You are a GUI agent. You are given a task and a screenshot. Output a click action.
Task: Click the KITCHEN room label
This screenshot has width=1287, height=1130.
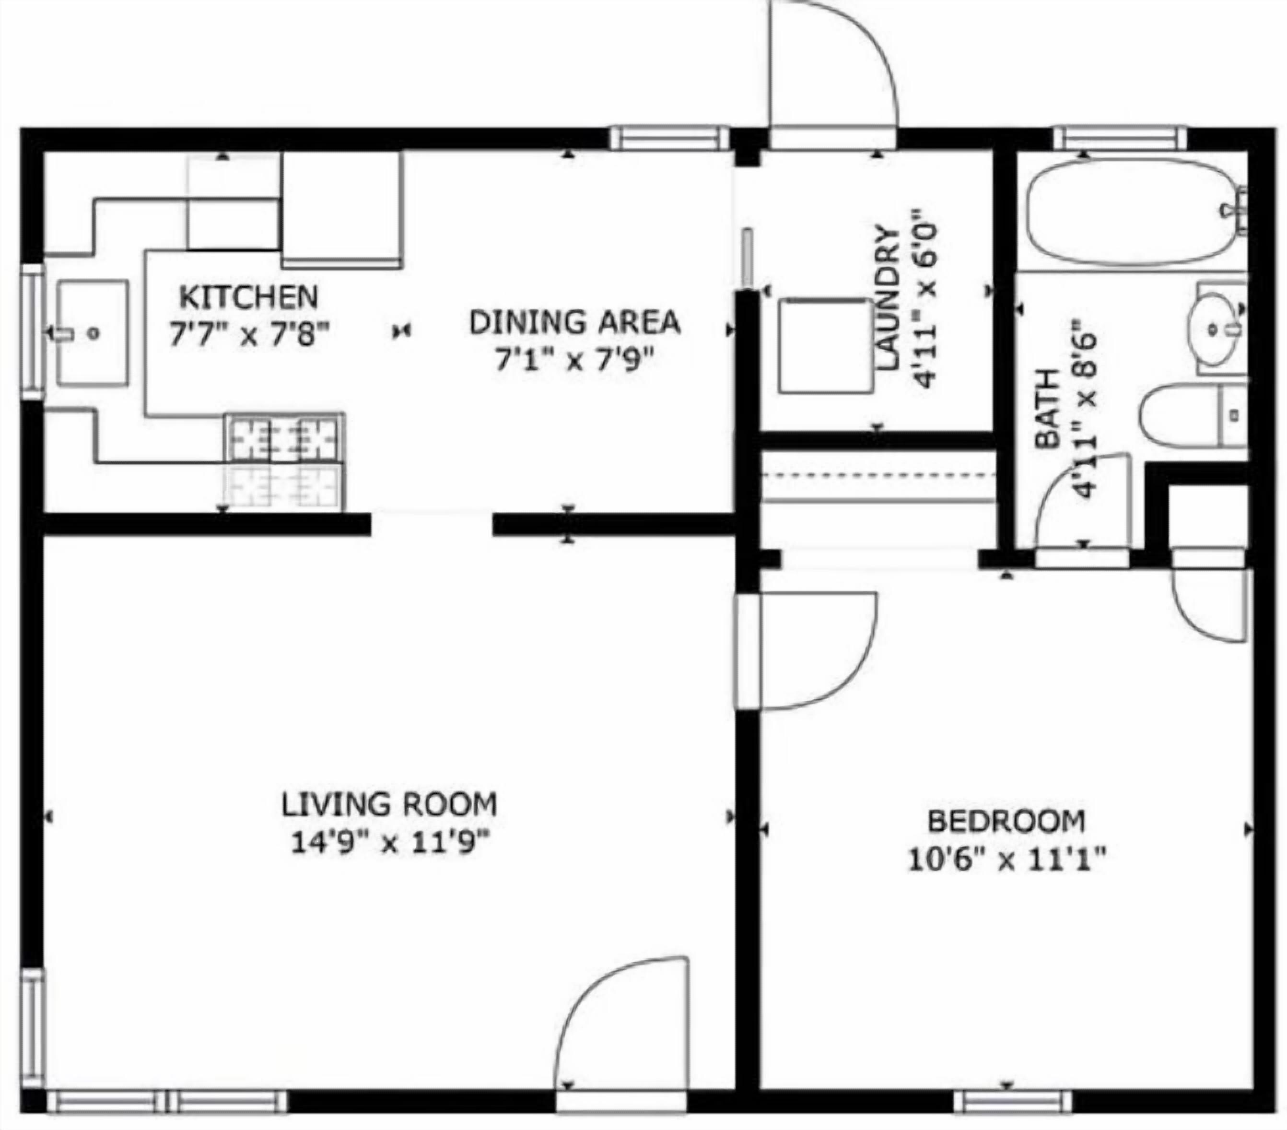[249, 297]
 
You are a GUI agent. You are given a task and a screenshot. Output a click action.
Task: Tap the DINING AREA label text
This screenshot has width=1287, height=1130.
[575, 322]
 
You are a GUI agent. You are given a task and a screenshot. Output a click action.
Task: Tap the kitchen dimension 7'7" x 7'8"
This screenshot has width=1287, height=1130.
[249, 334]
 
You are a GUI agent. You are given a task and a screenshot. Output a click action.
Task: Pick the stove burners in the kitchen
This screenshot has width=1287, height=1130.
[285, 436]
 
